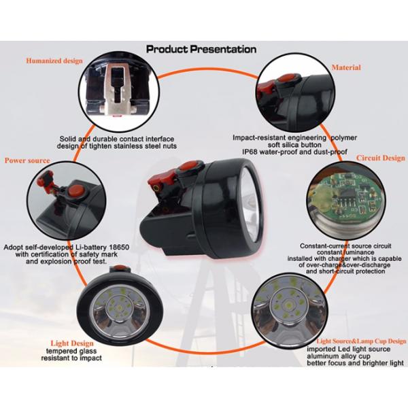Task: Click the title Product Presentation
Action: tap(201, 50)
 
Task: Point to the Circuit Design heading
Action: tap(381, 157)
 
